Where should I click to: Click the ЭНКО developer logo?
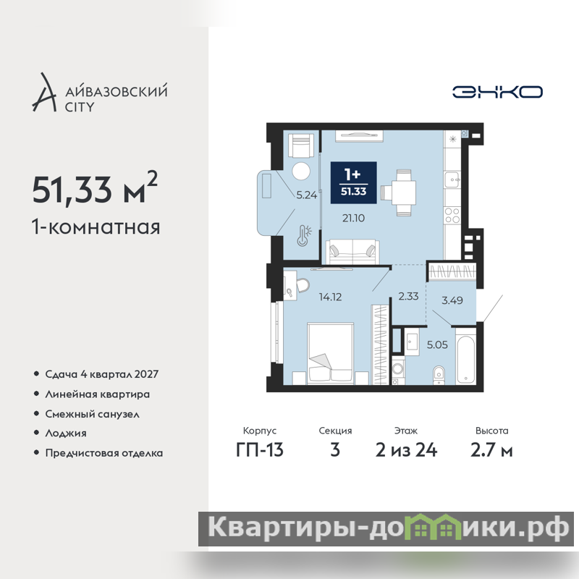pyautogui.click(x=497, y=92)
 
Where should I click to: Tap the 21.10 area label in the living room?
pyautogui.click(x=353, y=219)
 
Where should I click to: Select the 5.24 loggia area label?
pyautogui.click(x=306, y=195)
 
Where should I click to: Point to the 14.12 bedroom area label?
pyautogui.click(x=330, y=297)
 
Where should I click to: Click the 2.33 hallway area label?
pyautogui.click(x=408, y=296)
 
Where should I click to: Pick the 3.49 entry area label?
pyautogui.click(x=452, y=300)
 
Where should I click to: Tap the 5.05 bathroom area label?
pyautogui.click(x=437, y=345)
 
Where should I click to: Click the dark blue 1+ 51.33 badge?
pyautogui.click(x=353, y=182)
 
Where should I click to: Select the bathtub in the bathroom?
pyautogui.click(x=465, y=359)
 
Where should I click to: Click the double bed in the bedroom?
pyautogui.click(x=331, y=352)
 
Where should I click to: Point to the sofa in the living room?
pyautogui.click(x=352, y=251)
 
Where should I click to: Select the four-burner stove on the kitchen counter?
pyautogui.click(x=452, y=215)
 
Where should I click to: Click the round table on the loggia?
pyautogui.click(x=301, y=171)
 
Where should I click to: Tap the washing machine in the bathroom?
pyautogui.click(x=398, y=369)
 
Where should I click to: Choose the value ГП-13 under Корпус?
pyautogui.click(x=260, y=450)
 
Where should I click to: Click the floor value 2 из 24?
pyautogui.click(x=406, y=450)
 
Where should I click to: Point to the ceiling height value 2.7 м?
pyautogui.click(x=491, y=450)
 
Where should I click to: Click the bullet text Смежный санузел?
pyautogui.click(x=93, y=414)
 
